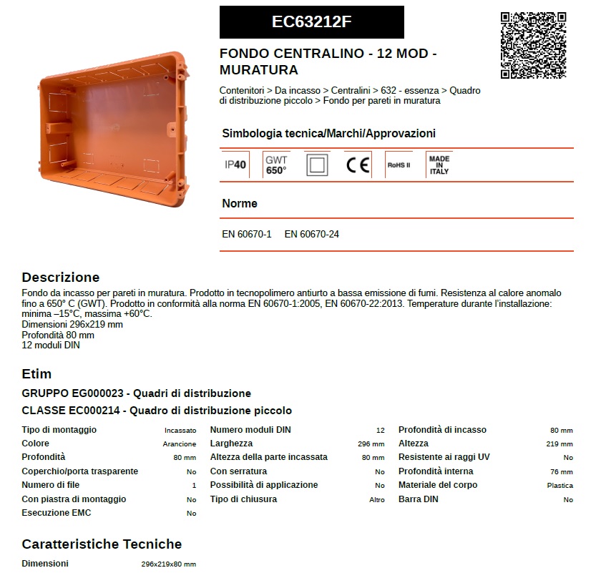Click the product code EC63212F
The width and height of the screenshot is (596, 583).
311,21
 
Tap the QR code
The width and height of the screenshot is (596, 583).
533,44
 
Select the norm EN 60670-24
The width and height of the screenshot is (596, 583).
311,234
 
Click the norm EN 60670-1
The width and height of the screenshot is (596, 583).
247,234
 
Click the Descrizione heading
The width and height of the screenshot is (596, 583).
61,278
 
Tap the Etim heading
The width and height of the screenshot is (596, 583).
36,374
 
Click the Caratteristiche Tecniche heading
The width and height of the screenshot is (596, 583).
102,544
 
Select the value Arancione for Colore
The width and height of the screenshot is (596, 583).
179,444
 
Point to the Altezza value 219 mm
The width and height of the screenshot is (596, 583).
559,444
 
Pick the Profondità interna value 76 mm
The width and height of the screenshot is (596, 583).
561,472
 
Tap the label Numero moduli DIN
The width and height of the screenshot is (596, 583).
250,430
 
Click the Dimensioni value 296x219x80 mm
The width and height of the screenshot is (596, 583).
168,564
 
